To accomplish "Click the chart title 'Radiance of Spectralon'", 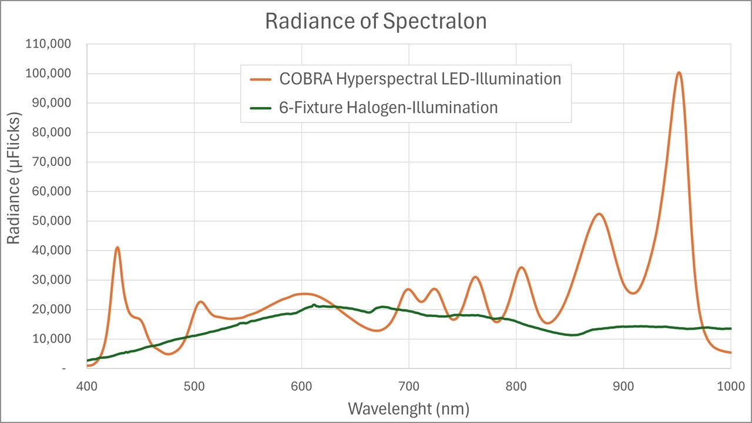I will [x=376, y=21].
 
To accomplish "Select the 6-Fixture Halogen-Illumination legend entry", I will [x=388, y=108].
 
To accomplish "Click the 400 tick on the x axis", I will [x=87, y=387].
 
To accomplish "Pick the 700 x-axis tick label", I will [x=408, y=387].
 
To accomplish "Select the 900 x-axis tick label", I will [x=623, y=387].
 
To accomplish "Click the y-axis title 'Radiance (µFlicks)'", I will [x=14, y=179].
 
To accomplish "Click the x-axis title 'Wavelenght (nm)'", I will [x=408, y=408].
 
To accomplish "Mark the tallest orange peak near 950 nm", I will [x=679, y=73].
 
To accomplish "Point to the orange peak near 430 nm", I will [x=117, y=248].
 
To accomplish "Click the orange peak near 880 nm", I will [x=599, y=214].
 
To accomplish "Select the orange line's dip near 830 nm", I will [x=547, y=323].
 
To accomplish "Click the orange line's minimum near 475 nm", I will [x=168, y=354].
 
